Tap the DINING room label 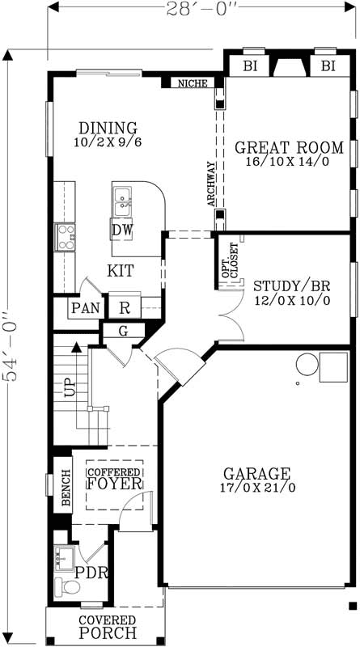click(108, 128)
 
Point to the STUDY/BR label click(291, 286)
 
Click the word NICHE click(193, 83)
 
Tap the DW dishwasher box click(123, 230)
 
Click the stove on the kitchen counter click(65, 237)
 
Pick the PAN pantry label click(84, 308)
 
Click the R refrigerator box click(125, 307)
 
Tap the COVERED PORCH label click(107, 628)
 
